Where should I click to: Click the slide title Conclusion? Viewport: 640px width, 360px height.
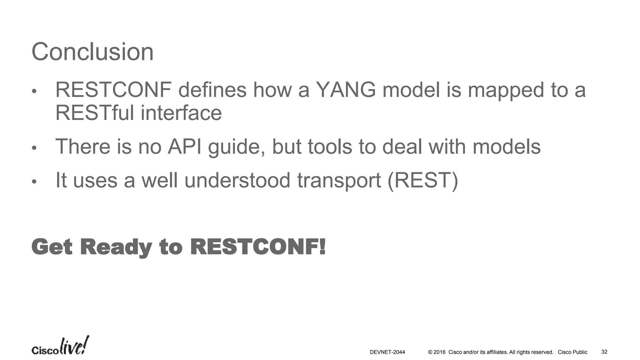point(92,52)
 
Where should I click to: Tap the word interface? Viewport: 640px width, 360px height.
point(181,113)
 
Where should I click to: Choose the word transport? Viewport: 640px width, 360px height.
point(339,181)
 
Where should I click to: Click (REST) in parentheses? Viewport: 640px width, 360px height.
point(422,180)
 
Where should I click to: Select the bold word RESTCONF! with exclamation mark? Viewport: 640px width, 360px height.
point(258,247)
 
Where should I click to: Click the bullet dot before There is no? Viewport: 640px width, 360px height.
point(34,147)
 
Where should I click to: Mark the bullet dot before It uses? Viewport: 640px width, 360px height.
point(34,182)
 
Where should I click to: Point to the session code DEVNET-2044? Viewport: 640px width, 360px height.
point(387,352)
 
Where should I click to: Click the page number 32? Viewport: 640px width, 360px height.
point(604,352)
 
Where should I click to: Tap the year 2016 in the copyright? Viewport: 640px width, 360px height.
point(439,352)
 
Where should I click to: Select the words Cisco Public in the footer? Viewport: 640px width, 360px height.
point(572,352)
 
